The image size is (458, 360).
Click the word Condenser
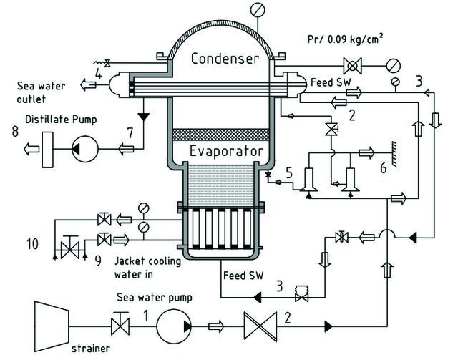click(x=225, y=59)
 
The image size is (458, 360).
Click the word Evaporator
click(x=227, y=151)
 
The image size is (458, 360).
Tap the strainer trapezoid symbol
click(x=52, y=326)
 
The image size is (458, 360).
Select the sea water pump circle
click(x=174, y=326)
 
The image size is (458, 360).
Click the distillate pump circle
click(x=85, y=149)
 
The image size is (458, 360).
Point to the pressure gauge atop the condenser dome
click(x=258, y=9)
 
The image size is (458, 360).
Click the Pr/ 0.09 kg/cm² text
click(x=345, y=39)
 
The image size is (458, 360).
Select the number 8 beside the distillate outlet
click(x=15, y=131)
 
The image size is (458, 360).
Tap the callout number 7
click(x=130, y=133)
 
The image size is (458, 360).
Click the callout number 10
click(x=32, y=244)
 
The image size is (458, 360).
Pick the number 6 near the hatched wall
click(x=384, y=168)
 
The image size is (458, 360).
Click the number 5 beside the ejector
click(x=289, y=173)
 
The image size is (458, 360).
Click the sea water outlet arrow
click(x=88, y=84)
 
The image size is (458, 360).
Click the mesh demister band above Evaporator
click(x=221, y=135)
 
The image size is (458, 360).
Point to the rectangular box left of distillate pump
click(x=48, y=150)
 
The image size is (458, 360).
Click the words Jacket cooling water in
click(x=148, y=268)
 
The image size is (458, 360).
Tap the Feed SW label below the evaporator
click(x=243, y=276)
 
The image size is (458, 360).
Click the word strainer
click(x=91, y=349)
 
